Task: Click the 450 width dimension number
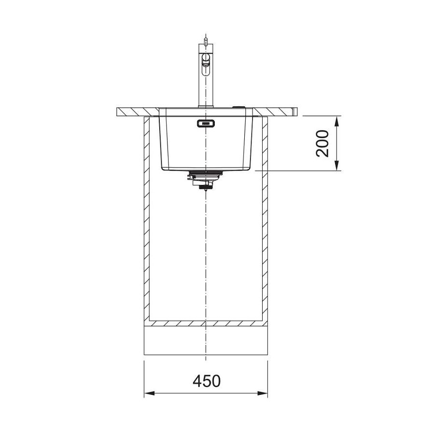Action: coord(207,381)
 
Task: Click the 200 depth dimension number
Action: coord(322,143)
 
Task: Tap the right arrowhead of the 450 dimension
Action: coord(263,393)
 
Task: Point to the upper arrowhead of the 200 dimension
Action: coord(336,121)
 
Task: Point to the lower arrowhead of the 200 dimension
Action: coord(336,166)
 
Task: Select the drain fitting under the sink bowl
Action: coord(205,180)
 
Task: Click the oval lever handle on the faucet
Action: coord(206,64)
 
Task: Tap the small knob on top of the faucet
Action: coord(205,41)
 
